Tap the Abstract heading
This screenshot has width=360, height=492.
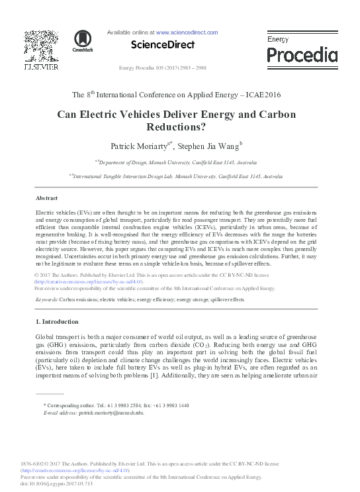[x=46, y=197]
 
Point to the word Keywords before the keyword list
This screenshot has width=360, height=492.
[x=47, y=300]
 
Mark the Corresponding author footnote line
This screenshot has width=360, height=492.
[x=116, y=405]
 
